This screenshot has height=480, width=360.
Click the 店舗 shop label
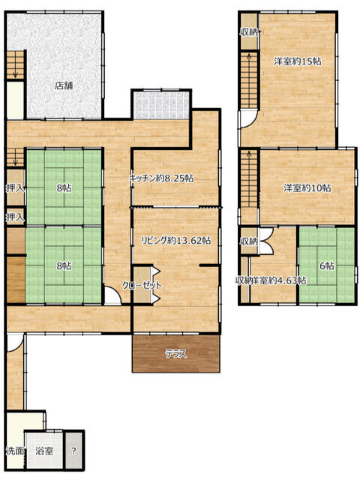pyautogui.click(x=64, y=85)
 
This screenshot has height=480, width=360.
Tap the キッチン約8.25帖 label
pyautogui.click(x=161, y=178)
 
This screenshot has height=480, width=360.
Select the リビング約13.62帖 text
pyautogui.click(x=175, y=241)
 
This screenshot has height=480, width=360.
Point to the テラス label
pyautogui.click(x=176, y=354)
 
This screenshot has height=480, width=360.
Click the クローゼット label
pyautogui.click(x=142, y=285)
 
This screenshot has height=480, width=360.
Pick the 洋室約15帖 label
pyautogui.click(x=298, y=61)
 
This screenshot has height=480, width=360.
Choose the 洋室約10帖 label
pyautogui.click(x=307, y=187)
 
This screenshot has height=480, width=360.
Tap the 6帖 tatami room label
pyautogui.click(x=327, y=266)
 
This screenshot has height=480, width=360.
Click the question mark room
pyautogui.click(x=73, y=451)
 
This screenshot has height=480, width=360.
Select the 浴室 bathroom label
pyautogui.click(x=44, y=451)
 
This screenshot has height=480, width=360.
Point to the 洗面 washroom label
pyautogui.click(x=15, y=451)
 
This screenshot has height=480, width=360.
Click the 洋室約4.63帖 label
pyautogui.click(x=279, y=280)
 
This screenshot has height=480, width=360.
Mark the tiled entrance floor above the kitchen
pyautogui.click(x=162, y=106)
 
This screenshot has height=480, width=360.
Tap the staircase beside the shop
pyautogui.click(x=16, y=65)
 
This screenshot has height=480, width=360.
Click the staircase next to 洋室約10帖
pyautogui.click(x=250, y=178)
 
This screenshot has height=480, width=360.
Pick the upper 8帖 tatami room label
pyautogui.click(x=64, y=187)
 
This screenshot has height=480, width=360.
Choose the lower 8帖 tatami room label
pyautogui.click(x=64, y=266)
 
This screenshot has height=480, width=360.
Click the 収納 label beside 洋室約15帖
pyautogui.click(x=250, y=31)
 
